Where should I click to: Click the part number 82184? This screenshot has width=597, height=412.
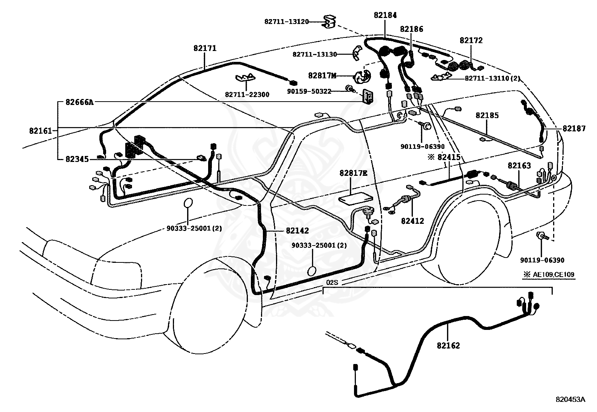[385, 15]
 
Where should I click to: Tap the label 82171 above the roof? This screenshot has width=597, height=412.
[205, 48]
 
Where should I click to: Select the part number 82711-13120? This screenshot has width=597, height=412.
[286, 22]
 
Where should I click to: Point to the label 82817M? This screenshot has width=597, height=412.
[322, 76]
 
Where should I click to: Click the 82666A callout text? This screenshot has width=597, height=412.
[79, 102]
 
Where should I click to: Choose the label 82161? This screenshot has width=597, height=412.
[40, 131]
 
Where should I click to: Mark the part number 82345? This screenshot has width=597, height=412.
[77, 159]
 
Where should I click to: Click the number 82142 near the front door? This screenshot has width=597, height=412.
[297, 231]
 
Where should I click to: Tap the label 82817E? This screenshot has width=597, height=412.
[353, 173]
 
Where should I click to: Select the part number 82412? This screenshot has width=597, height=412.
[412, 221]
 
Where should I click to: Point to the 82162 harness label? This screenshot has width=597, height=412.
[448, 346]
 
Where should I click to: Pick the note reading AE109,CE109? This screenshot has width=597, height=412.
[553, 274]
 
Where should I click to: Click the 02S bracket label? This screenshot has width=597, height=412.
[332, 283]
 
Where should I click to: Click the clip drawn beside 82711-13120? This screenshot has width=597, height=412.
[329, 21]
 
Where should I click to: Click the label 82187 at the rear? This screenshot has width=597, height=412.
[574, 129]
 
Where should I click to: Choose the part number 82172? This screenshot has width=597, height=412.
[471, 40]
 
